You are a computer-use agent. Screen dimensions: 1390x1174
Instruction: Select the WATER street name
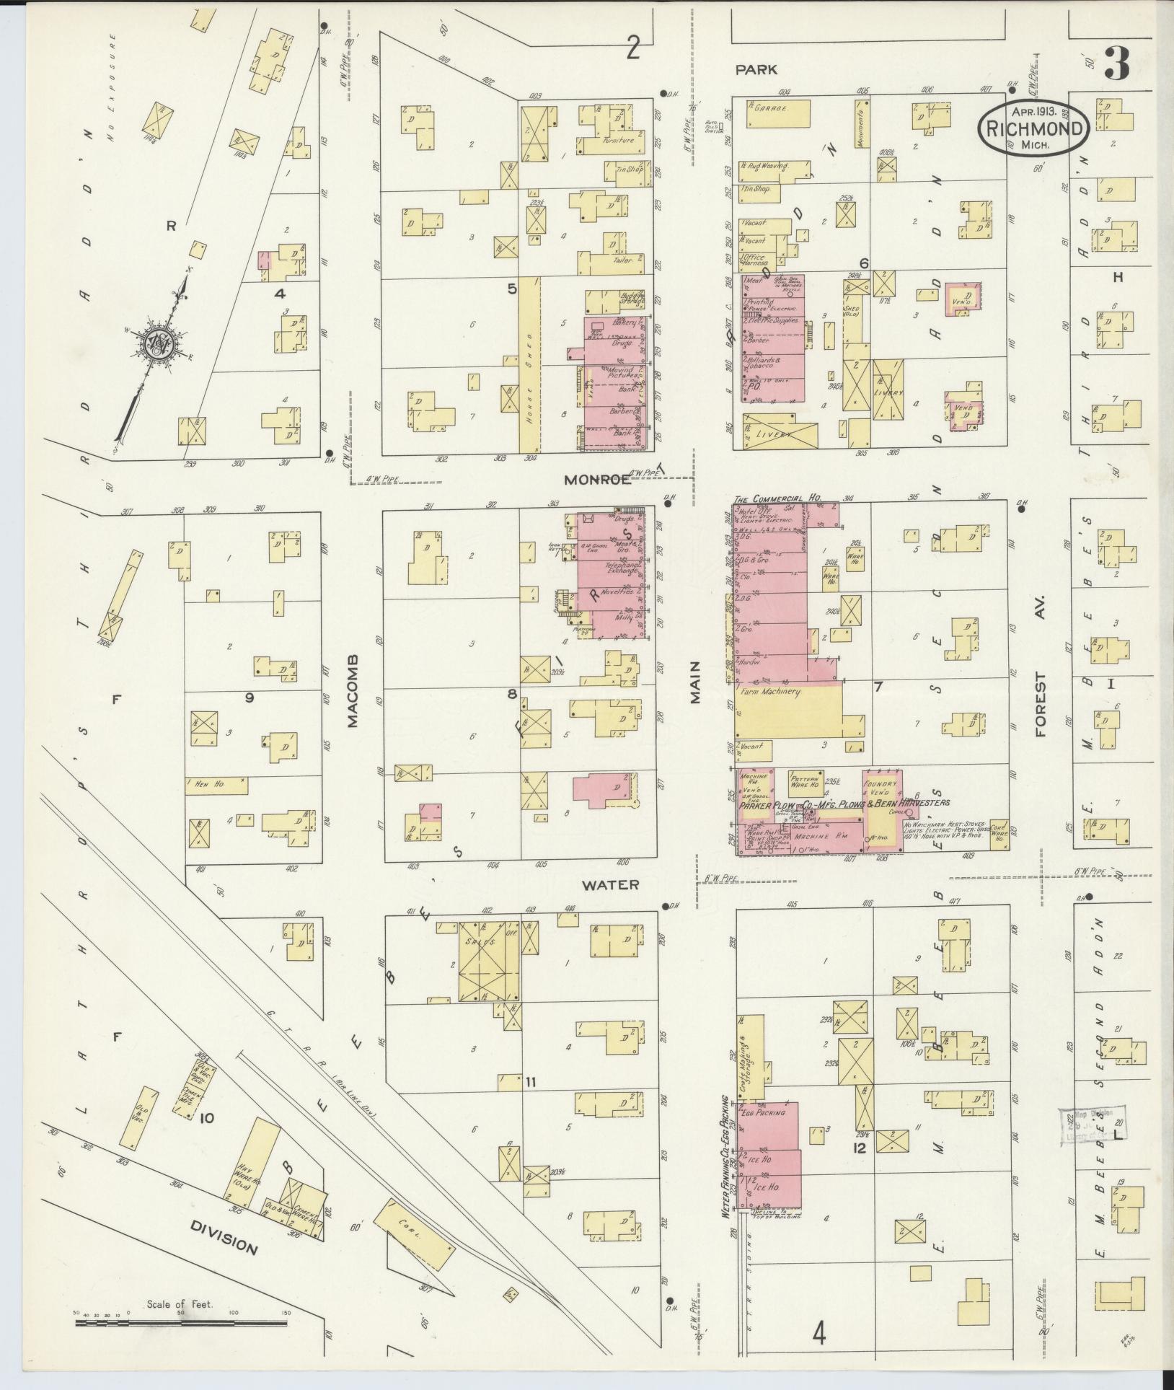pos(610,884)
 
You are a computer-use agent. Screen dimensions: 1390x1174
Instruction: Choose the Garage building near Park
pos(772,106)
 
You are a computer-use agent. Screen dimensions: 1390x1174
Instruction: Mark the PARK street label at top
pos(756,69)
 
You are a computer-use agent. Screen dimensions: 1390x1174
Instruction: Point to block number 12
pos(859,1145)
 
